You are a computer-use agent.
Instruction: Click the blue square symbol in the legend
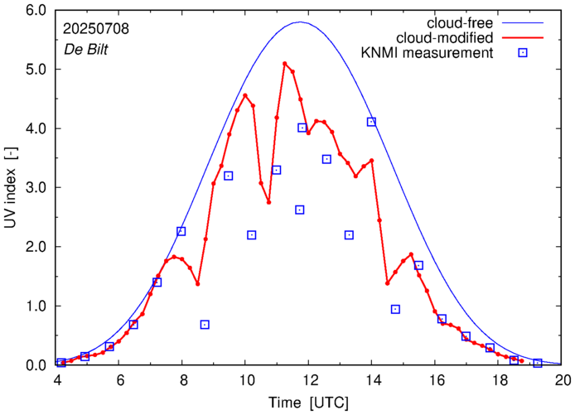(523, 54)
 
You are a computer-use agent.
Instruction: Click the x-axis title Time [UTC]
(309, 403)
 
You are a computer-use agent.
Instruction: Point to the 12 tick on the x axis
(309, 380)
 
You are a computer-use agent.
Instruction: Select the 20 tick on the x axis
(563, 380)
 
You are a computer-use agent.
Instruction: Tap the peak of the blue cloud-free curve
(300, 22)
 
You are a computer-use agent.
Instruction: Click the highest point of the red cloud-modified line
(285, 63)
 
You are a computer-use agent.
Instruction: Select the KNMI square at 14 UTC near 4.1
(371, 122)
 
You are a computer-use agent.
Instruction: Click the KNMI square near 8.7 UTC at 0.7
(205, 324)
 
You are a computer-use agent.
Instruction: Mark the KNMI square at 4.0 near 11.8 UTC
(302, 128)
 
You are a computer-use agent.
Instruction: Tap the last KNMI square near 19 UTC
(537, 363)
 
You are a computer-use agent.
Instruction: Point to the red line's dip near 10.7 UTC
(268, 201)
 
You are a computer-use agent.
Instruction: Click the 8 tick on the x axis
(182, 380)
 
